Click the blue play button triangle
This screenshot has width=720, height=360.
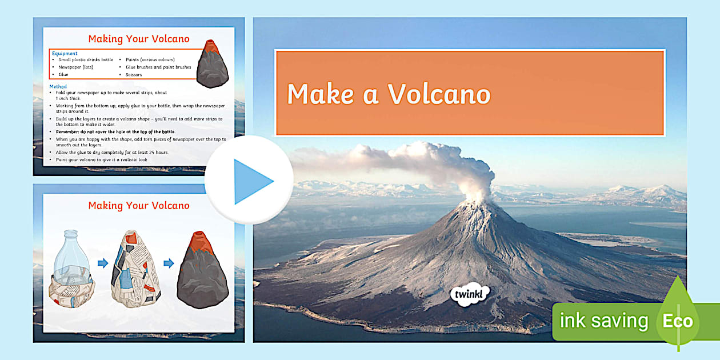coord(251,182)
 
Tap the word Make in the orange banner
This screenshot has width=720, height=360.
coord(320,94)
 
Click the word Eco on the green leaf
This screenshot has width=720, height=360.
coord(678,321)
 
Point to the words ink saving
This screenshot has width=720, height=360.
coord(603,321)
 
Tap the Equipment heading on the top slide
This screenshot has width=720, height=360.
coord(65,54)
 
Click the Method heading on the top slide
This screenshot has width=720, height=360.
coord(58,87)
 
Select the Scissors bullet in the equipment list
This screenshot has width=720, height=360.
coord(135,75)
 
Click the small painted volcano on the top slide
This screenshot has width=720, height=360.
coord(212,64)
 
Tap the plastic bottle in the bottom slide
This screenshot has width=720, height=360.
coord(71,266)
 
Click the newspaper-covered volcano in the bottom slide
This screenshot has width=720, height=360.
coord(135,269)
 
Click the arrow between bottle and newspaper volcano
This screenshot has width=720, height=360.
coord(102,263)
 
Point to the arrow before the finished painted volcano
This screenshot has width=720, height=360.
coord(169,263)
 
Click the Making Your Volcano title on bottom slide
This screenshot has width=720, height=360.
coord(139,206)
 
